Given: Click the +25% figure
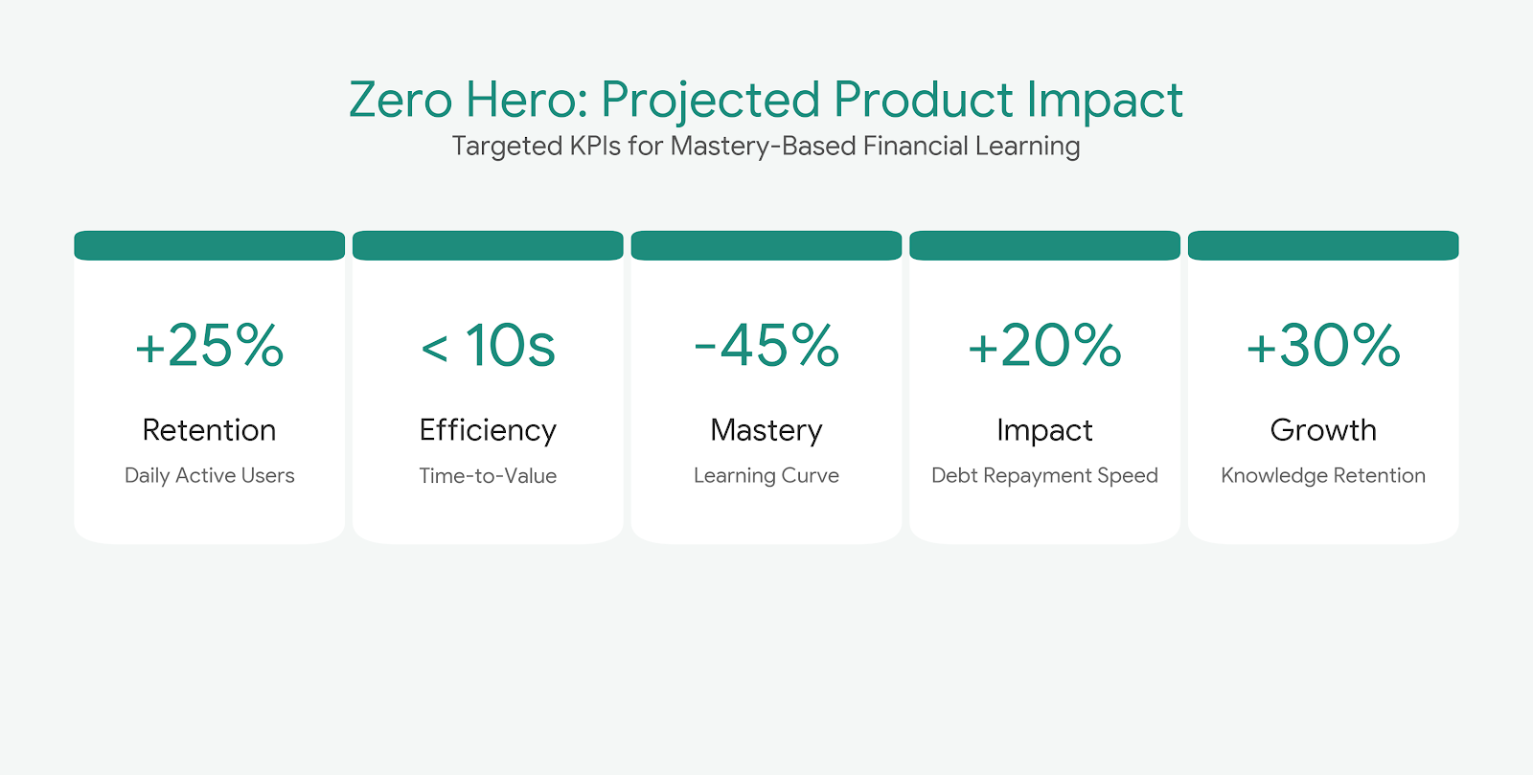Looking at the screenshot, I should click(x=209, y=346).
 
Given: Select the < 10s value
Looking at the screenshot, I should click(x=488, y=346).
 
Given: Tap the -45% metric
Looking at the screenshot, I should click(x=766, y=346).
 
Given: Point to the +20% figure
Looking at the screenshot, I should click(x=1044, y=346).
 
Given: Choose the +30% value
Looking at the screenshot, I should click(x=1323, y=346).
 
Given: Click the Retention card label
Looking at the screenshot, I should click(x=209, y=430).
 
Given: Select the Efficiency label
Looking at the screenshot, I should click(x=488, y=431).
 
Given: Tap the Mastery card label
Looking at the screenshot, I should click(x=766, y=431).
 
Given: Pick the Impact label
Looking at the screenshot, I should click(x=1044, y=431).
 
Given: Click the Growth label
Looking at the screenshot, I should click(x=1323, y=430).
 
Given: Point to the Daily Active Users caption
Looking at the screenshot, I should click(x=209, y=475).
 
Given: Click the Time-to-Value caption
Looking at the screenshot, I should click(x=488, y=475).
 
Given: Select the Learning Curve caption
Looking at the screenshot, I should click(x=766, y=475).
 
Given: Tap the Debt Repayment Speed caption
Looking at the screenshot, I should click(x=1044, y=475).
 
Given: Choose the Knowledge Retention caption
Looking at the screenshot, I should click(x=1323, y=475).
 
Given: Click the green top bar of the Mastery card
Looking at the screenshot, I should click(x=766, y=245).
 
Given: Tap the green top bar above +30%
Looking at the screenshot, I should click(x=1323, y=245).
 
